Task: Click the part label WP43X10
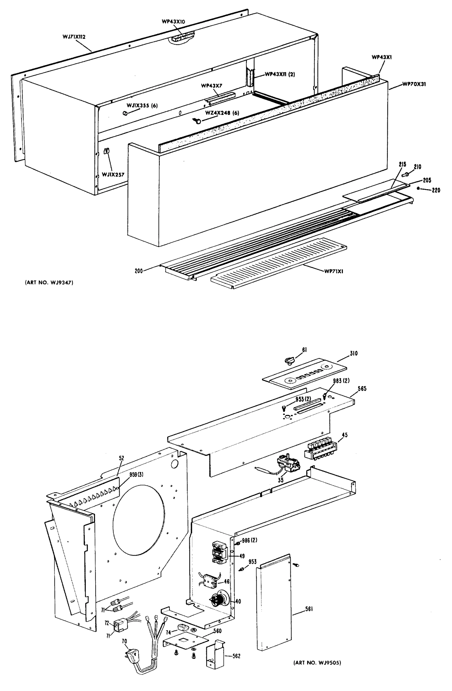(173, 21)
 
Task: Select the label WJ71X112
(74, 37)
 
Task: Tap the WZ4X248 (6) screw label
(222, 113)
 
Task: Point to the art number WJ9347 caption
(49, 282)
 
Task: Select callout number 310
(353, 353)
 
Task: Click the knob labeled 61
(289, 360)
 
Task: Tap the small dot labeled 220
(418, 188)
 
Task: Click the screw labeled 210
(406, 174)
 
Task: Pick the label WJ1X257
(113, 174)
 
